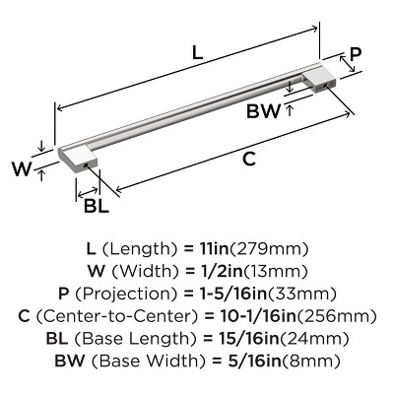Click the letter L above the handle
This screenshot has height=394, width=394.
point(196,57)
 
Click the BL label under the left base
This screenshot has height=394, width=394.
point(96,206)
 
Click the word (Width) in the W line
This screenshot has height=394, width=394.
point(148,270)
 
